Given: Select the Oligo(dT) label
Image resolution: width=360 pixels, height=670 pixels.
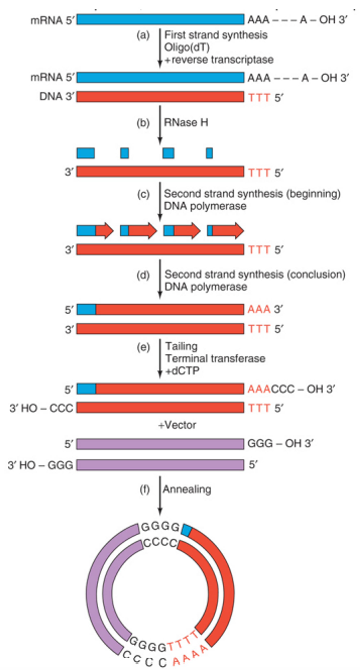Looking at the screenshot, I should pyautogui.click(x=187, y=47).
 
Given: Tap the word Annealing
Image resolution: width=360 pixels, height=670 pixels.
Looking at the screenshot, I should pyautogui.click(x=187, y=489).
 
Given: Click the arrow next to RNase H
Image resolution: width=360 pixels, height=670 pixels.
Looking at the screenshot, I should pyautogui.click(x=160, y=125).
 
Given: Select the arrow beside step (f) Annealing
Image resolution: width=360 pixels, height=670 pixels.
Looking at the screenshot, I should pyautogui.click(x=160, y=495).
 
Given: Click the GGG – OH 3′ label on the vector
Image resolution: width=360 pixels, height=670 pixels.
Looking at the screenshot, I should pyautogui.click(x=280, y=443).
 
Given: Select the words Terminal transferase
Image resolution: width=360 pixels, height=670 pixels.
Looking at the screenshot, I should pyautogui.click(x=215, y=358).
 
